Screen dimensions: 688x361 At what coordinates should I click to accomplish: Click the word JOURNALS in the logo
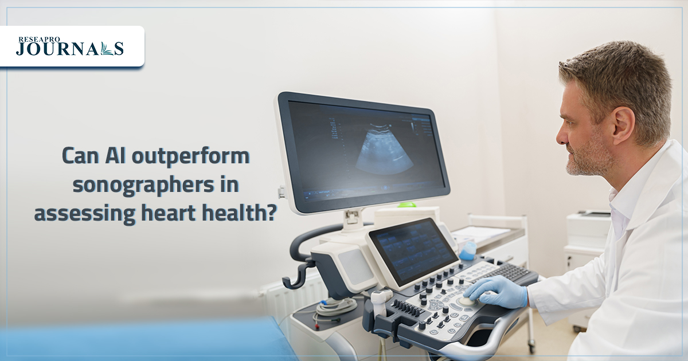click(x=70, y=49)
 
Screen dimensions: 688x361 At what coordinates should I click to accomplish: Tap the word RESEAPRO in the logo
click(x=39, y=40)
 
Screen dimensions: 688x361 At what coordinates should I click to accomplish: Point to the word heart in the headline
click(x=169, y=213)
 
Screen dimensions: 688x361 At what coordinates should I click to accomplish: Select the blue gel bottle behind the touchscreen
click(x=468, y=250)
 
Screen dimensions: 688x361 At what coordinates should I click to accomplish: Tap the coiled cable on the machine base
click(x=337, y=308)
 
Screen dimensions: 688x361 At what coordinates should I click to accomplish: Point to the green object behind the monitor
click(x=407, y=205)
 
